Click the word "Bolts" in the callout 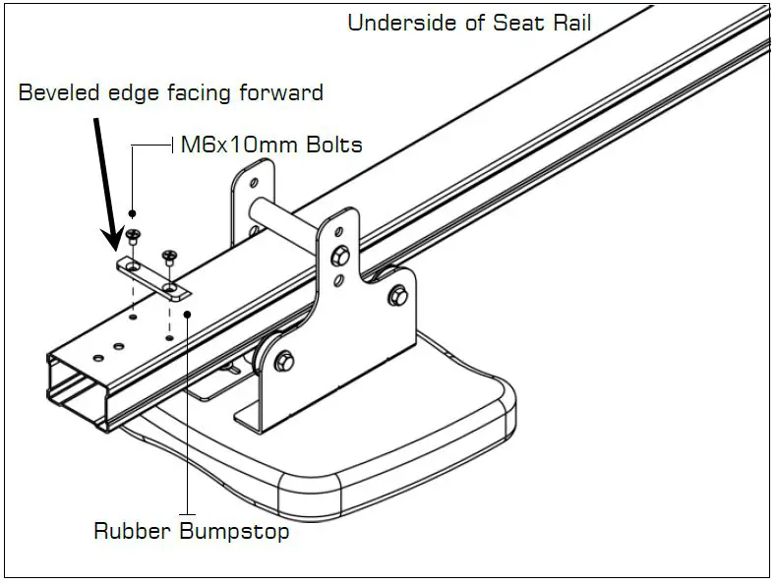pyautogui.click(x=331, y=146)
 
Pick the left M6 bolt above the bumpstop pyautogui.click(x=133, y=236)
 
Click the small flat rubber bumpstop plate pyautogui.click(x=153, y=278)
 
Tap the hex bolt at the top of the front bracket pyautogui.click(x=341, y=256)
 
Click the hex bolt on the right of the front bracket pyautogui.click(x=397, y=294)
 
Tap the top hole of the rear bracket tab pyautogui.click(x=254, y=183)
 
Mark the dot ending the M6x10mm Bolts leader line pyautogui.click(x=133, y=213)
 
